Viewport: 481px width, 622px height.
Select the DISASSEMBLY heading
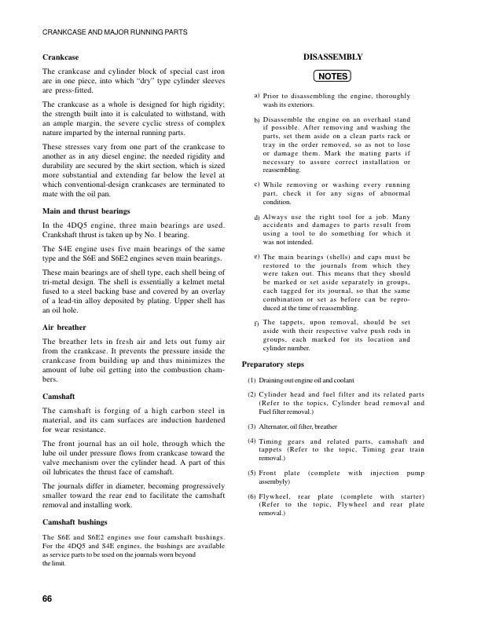(332, 57)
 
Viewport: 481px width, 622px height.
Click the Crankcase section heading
(61, 57)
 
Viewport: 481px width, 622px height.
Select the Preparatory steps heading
(275, 365)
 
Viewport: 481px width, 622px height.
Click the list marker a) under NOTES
(257, 95)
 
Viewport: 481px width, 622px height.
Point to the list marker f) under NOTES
(257, 323)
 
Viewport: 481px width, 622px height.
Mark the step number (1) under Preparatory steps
(252, 380)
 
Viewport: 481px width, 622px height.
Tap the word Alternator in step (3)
(275, 426)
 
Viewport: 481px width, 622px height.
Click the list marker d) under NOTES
(257, 216)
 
